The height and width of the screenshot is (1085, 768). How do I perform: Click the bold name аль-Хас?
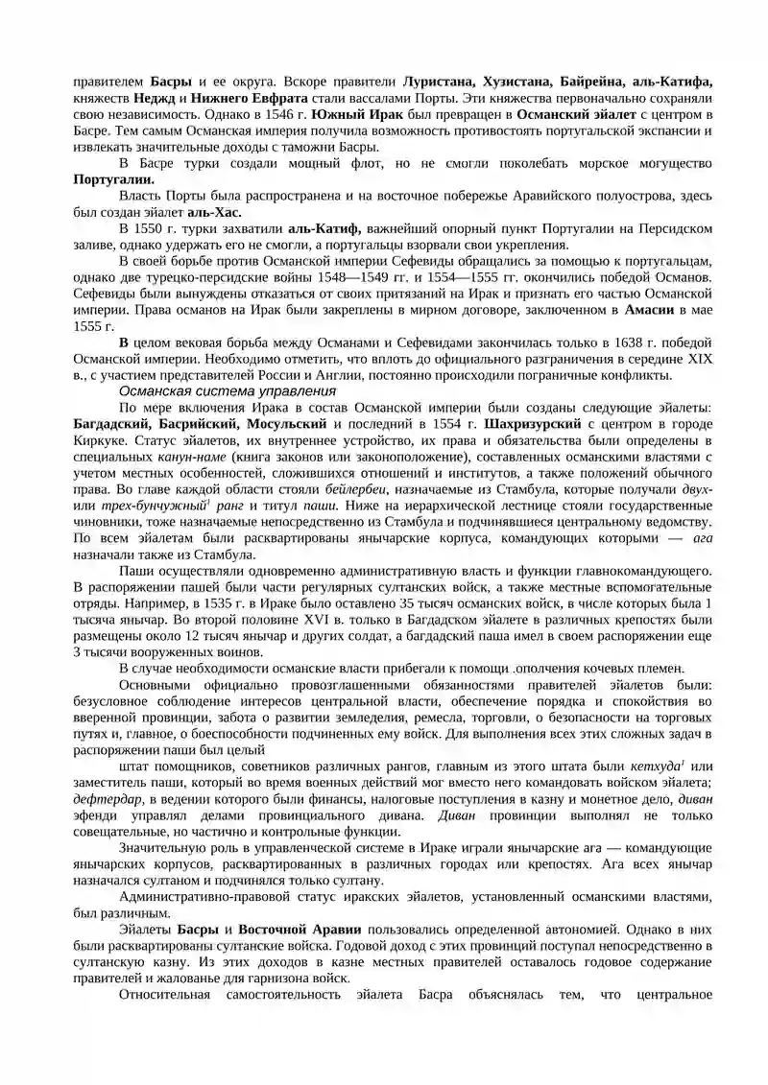pyautogui.click(x=214, y=212)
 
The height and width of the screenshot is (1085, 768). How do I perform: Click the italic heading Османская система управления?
pyautogui.click(x=227, y=391)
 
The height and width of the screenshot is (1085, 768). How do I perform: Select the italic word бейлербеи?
pyautogui.click(x=358, y=489)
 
